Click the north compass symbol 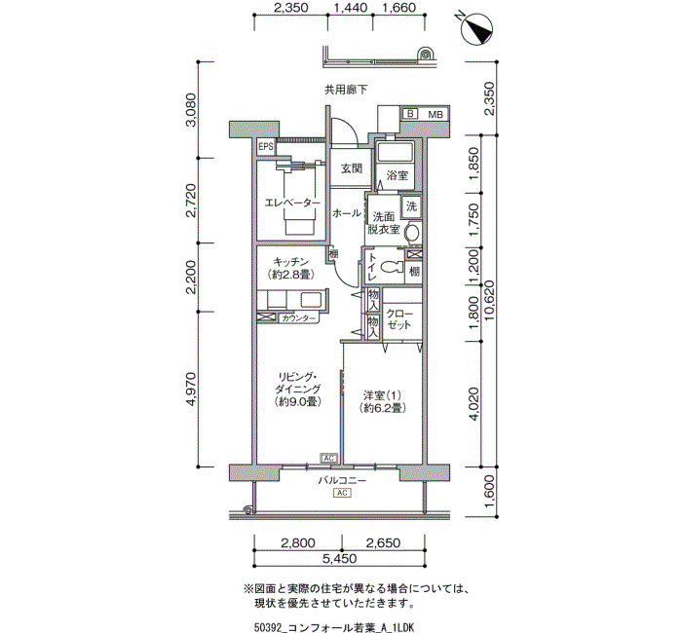[477, 29]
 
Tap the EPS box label [266, 146]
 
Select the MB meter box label [436, 114]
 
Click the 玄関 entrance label [351, 168]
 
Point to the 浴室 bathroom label [398, 175]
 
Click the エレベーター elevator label [292, 203]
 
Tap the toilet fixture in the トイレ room [391, 266]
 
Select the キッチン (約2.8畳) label [291, 268]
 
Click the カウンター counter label [298, 318]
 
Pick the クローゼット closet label [398, 319]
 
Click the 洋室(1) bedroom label [383, 401]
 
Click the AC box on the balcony [342, 493]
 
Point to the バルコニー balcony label [342, 480]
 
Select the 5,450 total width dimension [339, 559]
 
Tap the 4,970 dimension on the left [191, 390]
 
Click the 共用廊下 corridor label [346, 90]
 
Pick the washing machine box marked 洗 [411, 205]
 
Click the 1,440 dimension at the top [351, 8]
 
